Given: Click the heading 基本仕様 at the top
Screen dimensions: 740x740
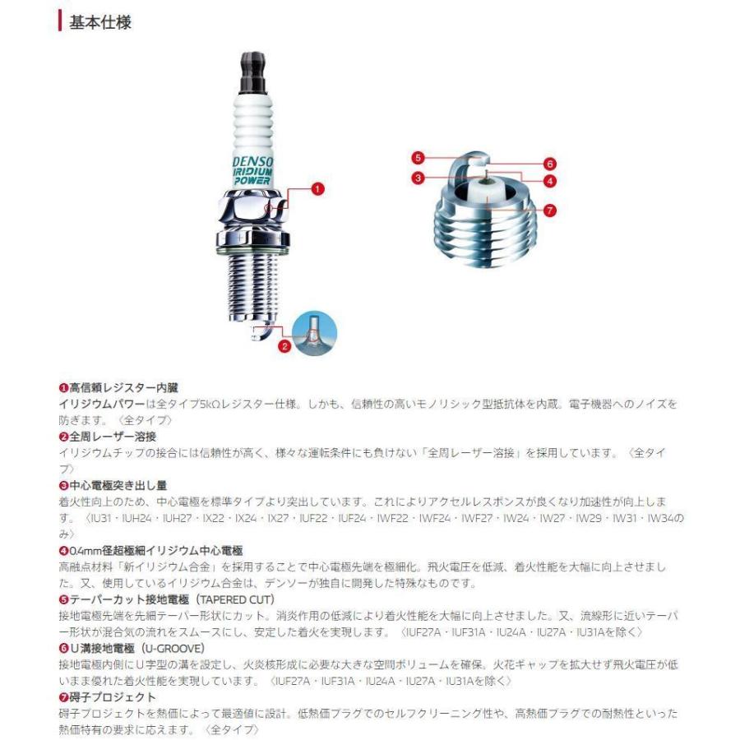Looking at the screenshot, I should [x=101, y=22].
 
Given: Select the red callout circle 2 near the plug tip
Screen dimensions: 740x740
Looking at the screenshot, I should [x=284, y=346].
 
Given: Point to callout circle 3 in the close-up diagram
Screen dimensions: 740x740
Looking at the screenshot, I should [x=419, y=178].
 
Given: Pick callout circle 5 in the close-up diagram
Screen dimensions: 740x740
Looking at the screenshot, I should [x=419, y=156].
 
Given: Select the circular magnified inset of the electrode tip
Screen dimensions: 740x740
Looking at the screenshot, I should [x=316, y=333].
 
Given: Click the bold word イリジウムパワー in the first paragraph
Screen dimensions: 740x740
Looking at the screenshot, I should [x=95, y=404].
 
